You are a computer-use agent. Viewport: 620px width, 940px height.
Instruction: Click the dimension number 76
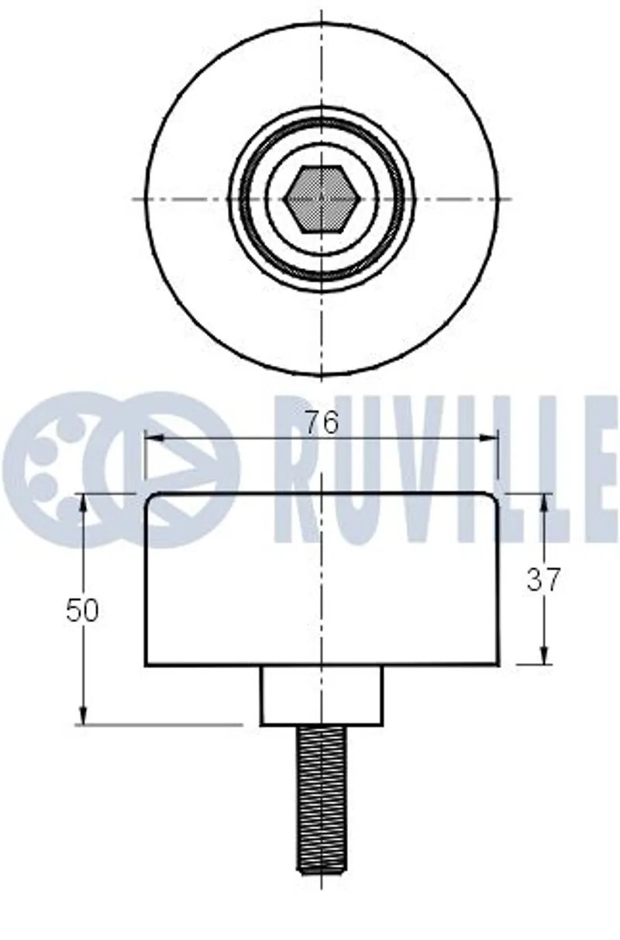tap(322, 422)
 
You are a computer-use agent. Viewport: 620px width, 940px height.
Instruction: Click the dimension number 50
tap(82, 610)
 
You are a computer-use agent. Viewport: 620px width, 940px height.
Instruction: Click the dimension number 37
tap(543, 580)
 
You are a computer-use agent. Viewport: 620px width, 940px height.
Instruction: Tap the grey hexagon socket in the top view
tap(322, 199)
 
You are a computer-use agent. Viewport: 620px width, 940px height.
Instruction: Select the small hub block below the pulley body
tap(322, 696)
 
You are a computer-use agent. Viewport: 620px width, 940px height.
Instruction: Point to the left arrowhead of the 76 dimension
tap(153, 438)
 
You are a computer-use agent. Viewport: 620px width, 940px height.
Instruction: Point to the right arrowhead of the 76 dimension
tap(489, 438)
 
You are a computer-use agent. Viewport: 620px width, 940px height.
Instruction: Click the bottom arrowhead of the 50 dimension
tap(84, 715)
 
